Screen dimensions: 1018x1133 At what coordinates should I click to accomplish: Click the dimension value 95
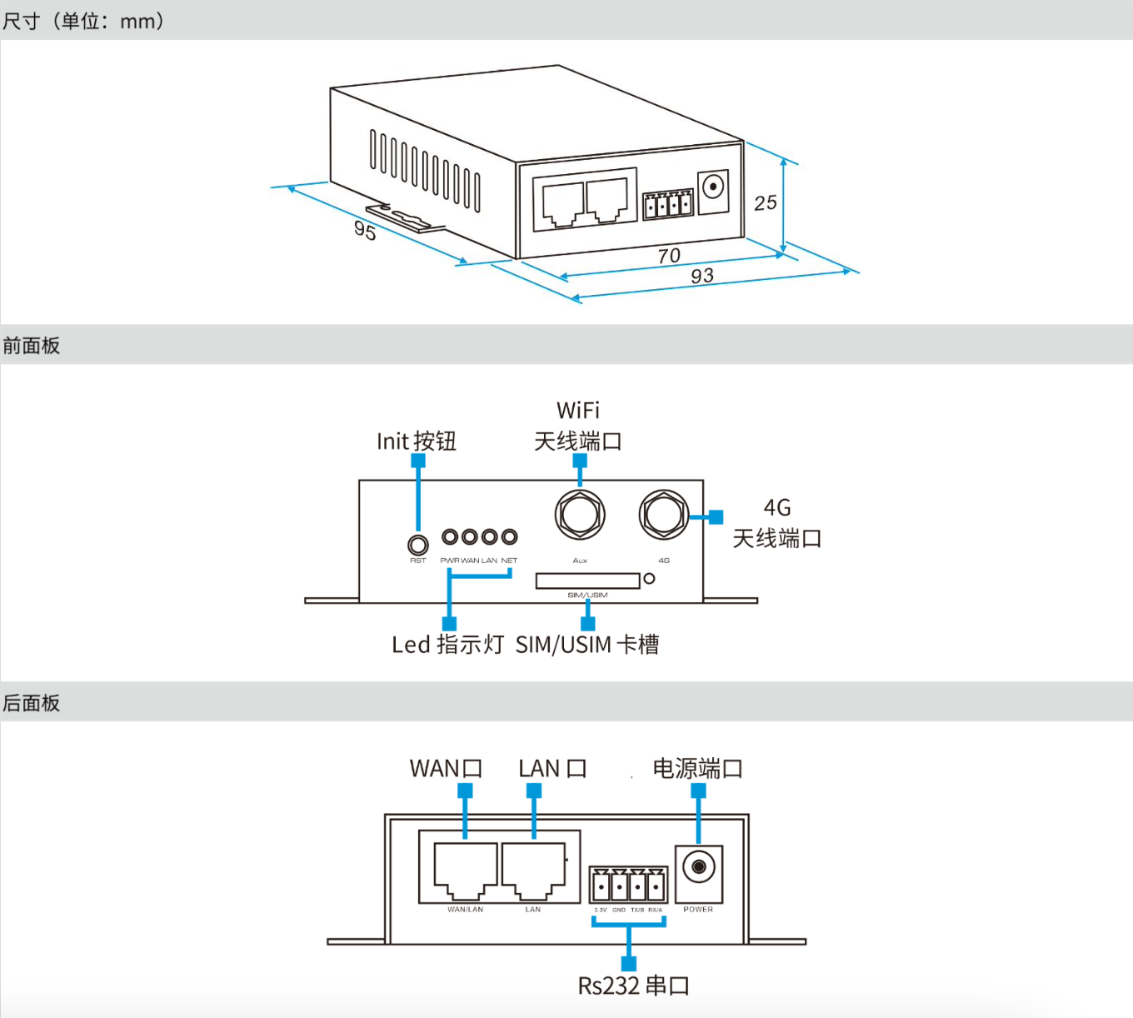[365, 230]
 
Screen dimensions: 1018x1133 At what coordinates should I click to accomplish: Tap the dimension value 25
[765, 202]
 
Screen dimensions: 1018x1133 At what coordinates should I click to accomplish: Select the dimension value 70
[669, 256]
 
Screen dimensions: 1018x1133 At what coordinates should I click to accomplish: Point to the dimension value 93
[702, 276]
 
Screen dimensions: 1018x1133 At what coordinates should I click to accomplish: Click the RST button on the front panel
[417, 545]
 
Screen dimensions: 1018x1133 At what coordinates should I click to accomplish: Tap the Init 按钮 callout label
[416, 441]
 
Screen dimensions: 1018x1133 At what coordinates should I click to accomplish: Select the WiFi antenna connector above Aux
[580, 514]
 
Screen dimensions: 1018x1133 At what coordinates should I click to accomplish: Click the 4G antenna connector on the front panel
[664, 514]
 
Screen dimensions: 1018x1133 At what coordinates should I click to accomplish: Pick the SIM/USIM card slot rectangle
[587, 580]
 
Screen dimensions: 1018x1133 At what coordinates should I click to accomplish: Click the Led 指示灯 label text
[447, 644]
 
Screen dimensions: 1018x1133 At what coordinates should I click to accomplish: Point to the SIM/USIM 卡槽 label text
[587, 644]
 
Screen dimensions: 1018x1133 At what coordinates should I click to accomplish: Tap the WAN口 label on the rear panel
[446, 768]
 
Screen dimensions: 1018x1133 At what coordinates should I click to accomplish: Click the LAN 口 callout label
[552, 768]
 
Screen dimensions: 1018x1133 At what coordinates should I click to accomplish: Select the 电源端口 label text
[697, 768]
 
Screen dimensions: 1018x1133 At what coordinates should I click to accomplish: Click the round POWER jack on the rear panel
[699, 867]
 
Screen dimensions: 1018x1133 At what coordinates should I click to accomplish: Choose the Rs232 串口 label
[633, 986]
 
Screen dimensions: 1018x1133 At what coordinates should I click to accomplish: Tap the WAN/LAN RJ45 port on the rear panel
[465, 870]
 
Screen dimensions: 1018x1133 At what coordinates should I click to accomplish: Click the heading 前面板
[32, 346]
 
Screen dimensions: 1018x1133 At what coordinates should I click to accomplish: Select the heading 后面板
[32, 703]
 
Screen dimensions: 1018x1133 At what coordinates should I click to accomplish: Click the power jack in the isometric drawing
[713, 187]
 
